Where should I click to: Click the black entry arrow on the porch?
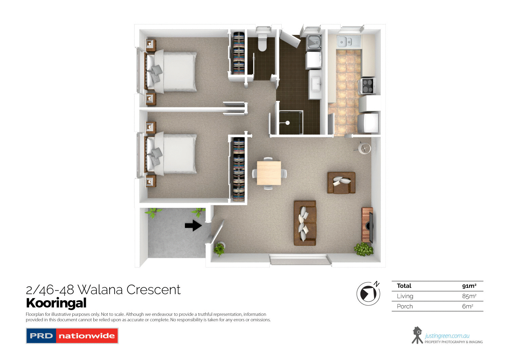pos(193,225)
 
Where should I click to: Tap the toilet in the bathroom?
pos(262,42)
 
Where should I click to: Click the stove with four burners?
pos(367,86)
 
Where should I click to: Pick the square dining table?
pos(269,173)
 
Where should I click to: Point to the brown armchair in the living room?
pos(341,183)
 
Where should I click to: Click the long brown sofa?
pos(305,223)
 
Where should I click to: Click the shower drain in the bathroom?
pos(287,123)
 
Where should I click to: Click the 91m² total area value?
pos(469,286)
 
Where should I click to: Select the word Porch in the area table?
pos(405,306)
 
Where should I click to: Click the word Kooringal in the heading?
pos(56,303)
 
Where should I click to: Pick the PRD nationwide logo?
pos(72,336)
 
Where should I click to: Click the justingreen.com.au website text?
pos(447,336)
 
